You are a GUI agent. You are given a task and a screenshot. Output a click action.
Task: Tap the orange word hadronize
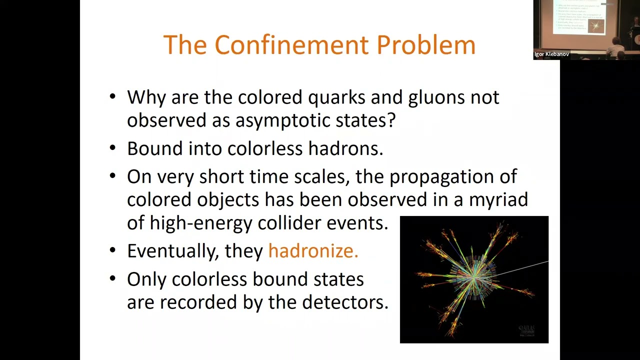click(313, 251)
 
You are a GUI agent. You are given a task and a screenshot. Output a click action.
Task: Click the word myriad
click(498, 199)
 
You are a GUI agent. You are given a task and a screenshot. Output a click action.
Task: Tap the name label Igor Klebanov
click(551, 54)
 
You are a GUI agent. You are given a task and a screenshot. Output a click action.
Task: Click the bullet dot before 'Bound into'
click(112, 148)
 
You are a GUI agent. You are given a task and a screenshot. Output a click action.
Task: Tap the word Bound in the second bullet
click(155, 148)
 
